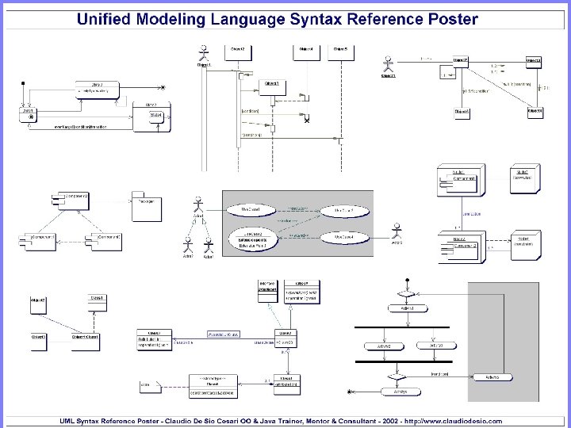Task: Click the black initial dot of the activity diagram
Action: [406, 280]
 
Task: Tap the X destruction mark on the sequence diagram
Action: [306, 120]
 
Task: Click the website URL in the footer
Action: [460, 421]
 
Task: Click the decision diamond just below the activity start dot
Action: [406, 292]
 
